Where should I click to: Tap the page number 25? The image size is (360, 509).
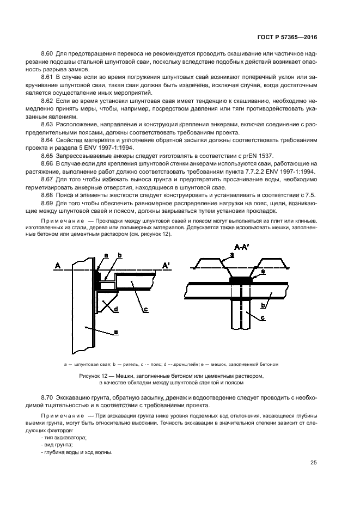[x=314, y=463]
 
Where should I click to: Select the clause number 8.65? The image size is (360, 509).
[x=48, y=155]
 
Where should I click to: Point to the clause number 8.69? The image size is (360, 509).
[x=48, y=203]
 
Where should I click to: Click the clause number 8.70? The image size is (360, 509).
[x=48, y=400]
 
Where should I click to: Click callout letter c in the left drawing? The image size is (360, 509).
[x=146, y=310]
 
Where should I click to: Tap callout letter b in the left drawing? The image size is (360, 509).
[x=120, y=255]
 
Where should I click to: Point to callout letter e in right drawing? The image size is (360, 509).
[x=263, y=271]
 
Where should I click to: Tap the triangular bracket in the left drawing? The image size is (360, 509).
[x=105, y=301]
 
